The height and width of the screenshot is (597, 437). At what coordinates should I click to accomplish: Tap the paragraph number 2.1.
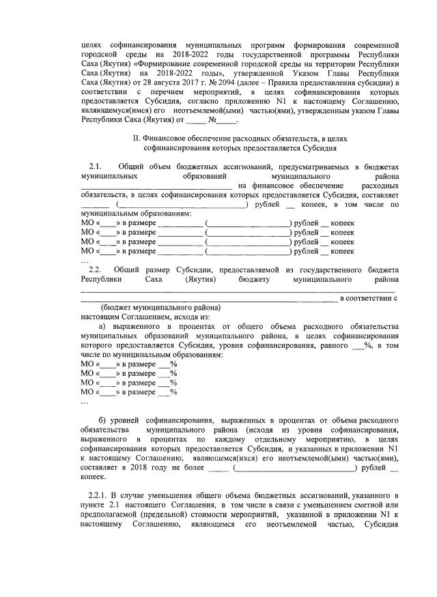coord(96,166)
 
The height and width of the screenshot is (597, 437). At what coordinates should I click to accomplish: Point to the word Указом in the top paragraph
coord(298,72)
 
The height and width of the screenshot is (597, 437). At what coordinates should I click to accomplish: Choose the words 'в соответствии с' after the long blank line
coord(369,298)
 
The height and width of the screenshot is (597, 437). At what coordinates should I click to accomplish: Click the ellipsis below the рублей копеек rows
coord(84,261)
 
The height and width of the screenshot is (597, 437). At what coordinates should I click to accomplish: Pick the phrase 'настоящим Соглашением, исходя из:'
coord(145,317)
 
